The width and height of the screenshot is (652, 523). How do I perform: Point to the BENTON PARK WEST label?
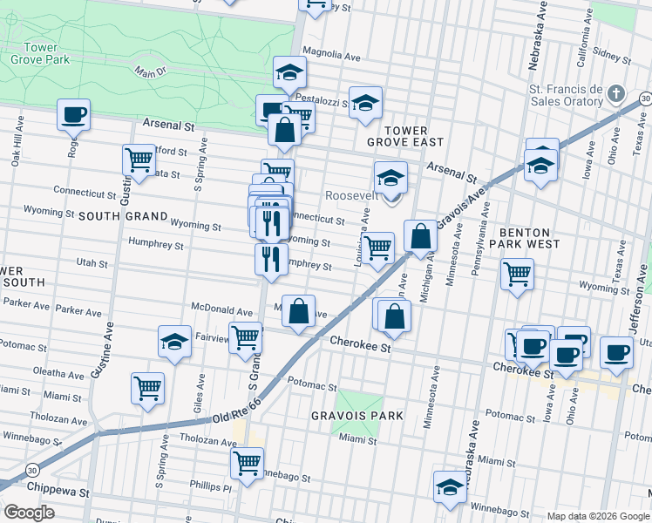525,240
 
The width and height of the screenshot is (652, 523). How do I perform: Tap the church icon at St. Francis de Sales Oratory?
615,92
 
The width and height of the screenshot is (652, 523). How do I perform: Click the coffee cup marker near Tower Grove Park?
73,113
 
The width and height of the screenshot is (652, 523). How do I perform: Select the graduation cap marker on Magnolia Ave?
289,72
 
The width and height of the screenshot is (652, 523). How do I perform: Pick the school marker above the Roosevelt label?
391,178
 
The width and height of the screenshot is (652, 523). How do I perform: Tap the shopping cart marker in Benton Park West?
517,274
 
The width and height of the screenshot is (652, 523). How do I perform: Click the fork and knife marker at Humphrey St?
271,259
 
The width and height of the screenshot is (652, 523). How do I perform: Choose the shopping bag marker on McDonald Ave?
298,312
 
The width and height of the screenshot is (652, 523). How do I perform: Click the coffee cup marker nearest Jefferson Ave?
616,353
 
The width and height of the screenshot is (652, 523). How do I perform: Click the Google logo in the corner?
29,513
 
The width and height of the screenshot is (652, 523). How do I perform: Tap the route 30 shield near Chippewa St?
32,470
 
